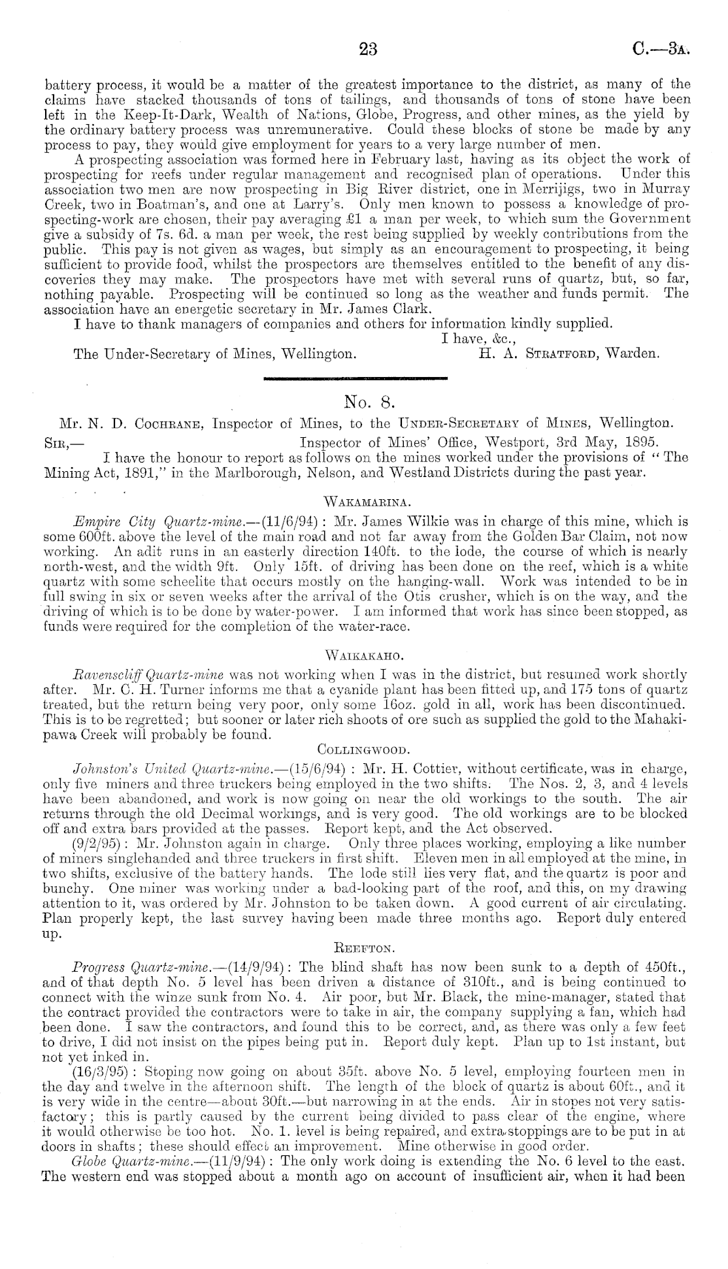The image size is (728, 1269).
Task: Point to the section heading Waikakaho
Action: tap(363, 654)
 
